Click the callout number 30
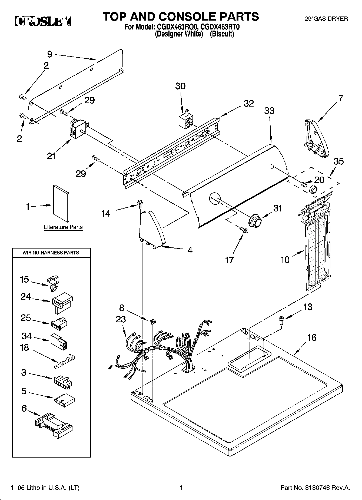click(x=180, y=86)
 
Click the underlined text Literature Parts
click(x=63, y=227)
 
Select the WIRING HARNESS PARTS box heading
click(x=51, y=253)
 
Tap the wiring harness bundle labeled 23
click(x=160, y=349)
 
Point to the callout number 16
click(x=312, y=337)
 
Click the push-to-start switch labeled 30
click(x=186, y=121)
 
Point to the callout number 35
click(x=338, y=161)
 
